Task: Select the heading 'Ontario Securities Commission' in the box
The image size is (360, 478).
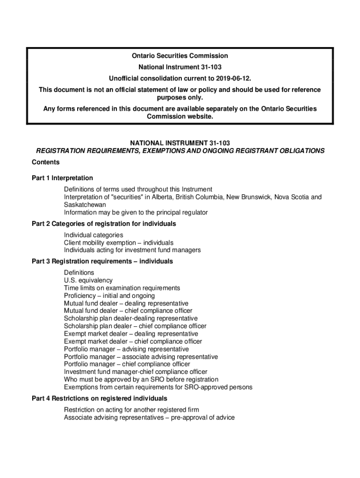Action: (x=180, y=56)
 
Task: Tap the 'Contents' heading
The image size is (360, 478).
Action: (x=45, y=162)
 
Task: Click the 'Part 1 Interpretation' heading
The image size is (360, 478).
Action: (x=62, y=178)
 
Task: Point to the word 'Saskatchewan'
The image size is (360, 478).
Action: (x=85, y=204)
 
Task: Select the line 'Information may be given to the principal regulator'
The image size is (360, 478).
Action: (x=136, y=212)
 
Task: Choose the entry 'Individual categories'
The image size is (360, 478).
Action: (x=94, y=235)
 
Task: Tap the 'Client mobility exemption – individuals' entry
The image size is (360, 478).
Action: (x=118, y=243)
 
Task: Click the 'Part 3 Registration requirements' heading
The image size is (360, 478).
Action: (x=102, y=261)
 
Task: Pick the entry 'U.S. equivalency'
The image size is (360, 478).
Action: (x=88, y=280)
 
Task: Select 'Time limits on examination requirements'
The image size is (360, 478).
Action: (x=122, y=288)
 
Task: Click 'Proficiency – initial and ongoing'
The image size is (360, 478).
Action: (x=109, y=295)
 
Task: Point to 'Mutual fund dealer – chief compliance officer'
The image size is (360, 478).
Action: (x=128, y=310)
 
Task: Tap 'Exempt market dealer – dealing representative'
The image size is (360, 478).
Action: (x=130, y=334)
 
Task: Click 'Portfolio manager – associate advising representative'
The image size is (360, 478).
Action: (x=140, y=357)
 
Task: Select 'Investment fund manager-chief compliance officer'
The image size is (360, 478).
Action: (x=135, y=372)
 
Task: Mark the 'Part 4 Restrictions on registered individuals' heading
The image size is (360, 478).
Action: (x=99, y=398)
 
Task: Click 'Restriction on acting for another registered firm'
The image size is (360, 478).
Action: (x=131, y=410)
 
